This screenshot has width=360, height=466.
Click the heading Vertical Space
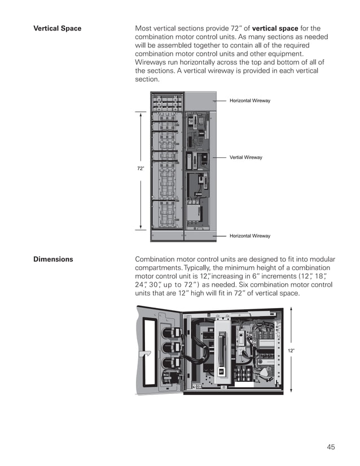(x=58, y=29)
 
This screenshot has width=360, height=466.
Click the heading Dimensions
(x=52, y=260)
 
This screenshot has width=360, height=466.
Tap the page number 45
(x=331, y=447)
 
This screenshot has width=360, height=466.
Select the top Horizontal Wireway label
(x=249, y=100)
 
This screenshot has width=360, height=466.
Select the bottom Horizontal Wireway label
(x=249, y=236)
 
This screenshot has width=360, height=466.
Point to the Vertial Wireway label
(x=245, y=157)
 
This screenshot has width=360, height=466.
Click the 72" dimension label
(x=141, y=169)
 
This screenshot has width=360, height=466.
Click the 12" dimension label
(x=291, y=350)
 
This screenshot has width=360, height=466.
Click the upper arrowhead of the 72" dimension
(x=141, y=112)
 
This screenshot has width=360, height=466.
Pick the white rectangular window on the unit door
(x=151, y=349)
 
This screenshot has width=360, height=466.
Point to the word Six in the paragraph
(x=242, y=285)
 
